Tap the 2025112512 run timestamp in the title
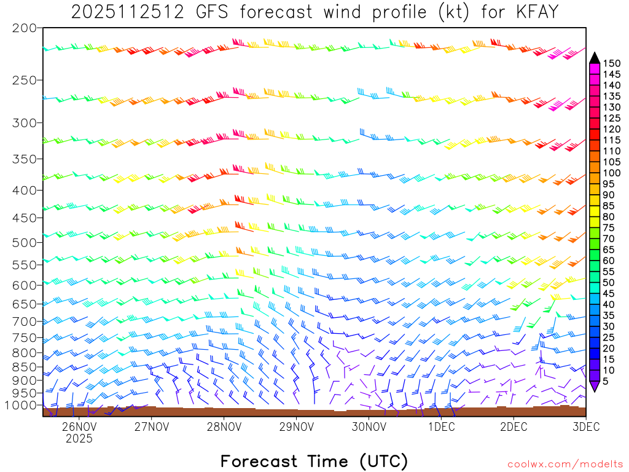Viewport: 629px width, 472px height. pyautogui.click(x=127, y=11)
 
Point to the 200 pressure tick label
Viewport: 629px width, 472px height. pyautogui.click(x=24, y=28)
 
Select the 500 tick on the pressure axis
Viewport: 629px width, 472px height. pyautogui.click(x=24, y=242)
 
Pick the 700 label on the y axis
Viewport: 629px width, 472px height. pyautogui.click(x=24, y=321)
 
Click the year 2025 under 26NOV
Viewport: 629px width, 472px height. pyautogui.click(x=79, y=439)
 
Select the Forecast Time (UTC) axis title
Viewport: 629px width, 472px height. pyautogui.click(x=314, y=461)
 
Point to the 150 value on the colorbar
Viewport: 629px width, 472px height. pyautogui.click(x=612, y=63)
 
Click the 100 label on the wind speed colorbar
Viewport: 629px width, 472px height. pyautogui.click(x=612, y=173)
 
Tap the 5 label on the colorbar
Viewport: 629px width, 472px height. pyautogui.click(x=606, y=382)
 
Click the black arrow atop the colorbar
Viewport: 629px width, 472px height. pyautogui.click(x=595, y=58)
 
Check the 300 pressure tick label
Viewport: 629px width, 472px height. pyautogui.click(x=24, y=123)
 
